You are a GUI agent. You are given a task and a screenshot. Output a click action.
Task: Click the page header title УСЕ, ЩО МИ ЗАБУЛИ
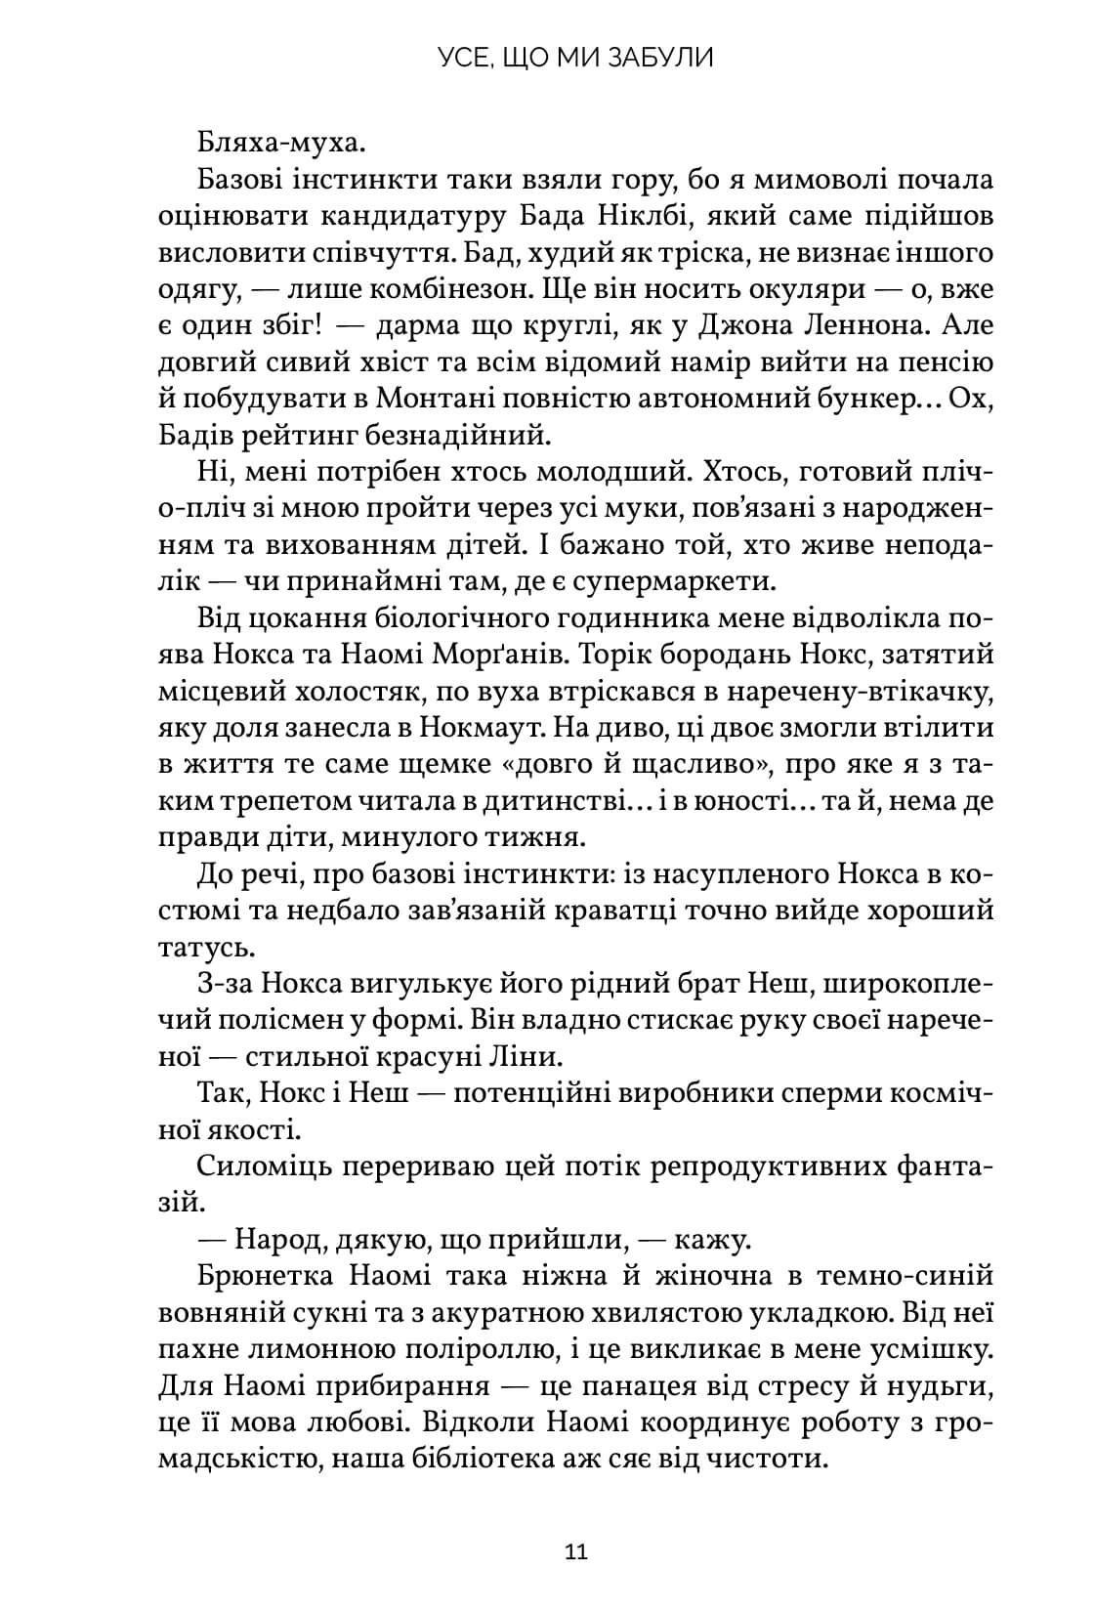tap(575, 58)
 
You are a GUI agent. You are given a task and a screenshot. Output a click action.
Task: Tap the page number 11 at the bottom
tap(575, 1551)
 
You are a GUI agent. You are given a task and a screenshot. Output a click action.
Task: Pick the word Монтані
tap(439, 399)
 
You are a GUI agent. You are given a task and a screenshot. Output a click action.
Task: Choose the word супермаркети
tap(671, 581)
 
